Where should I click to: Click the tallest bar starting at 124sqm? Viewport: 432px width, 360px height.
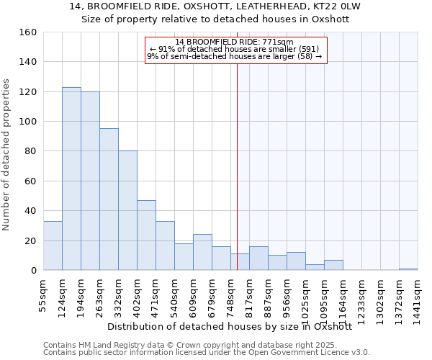[x=71, y=179]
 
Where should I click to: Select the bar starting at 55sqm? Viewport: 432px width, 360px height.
[x=53, y=246]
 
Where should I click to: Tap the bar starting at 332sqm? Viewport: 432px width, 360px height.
[x=127, y=210]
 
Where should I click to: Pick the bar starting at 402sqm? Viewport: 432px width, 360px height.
[x=146, y=235]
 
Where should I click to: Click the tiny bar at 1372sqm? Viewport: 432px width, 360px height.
[x=408, y=269]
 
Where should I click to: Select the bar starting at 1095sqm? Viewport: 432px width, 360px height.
[x=333, y=265]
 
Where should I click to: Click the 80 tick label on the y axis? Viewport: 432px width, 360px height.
[x=30, y=151]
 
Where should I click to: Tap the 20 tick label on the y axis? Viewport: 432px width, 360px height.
[x=30, y=240]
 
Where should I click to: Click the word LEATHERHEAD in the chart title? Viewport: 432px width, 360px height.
[x=250, y=6]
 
